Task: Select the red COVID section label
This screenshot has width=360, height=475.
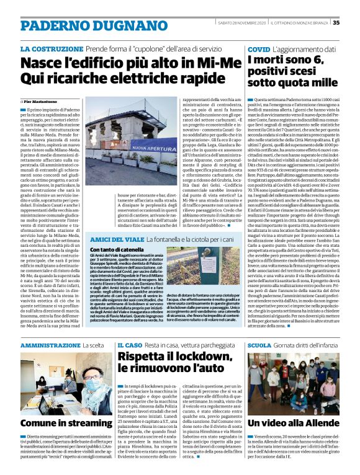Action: pos(258,48)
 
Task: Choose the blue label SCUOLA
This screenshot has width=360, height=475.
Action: pos(259,344)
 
